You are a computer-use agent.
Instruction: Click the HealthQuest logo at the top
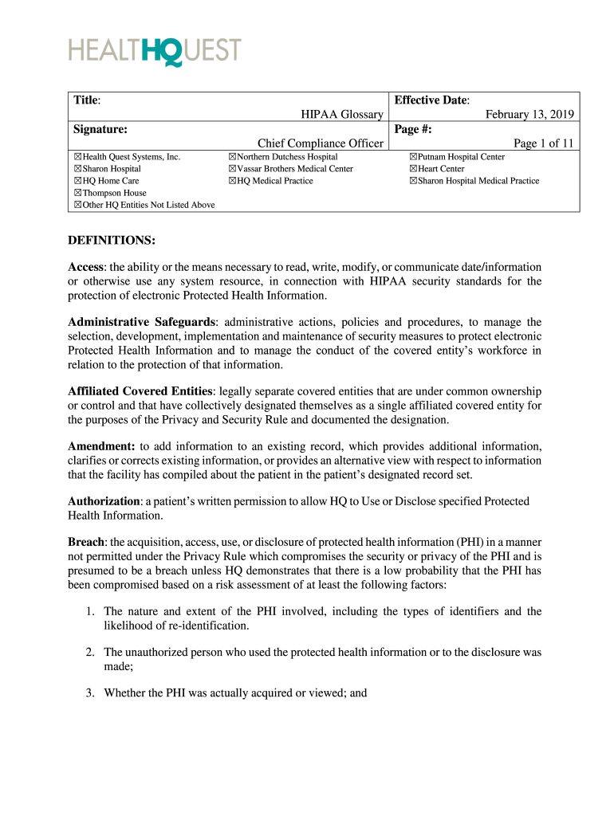tap(154, 52)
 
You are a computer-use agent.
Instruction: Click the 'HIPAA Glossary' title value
tap(341, 115)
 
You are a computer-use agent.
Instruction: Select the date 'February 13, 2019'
tap(529, 115)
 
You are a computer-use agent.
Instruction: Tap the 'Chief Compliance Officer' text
tap(321, 143)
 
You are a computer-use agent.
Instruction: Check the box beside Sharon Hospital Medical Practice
tap(413, 181)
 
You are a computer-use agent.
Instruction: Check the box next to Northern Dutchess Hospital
tap(232, 157)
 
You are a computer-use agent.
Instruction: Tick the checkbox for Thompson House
tap(77, 193)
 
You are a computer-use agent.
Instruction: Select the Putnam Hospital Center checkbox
tap(413, 157)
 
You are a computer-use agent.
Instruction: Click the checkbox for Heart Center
tap(413, 169)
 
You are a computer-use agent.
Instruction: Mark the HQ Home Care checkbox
tap(77, 181)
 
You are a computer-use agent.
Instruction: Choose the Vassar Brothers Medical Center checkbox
tap(232, 169)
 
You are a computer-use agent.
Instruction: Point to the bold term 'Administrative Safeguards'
tap(141, 322)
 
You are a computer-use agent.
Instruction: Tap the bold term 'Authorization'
tap(104, 501)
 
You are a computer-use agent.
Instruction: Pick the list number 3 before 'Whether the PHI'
tap(91, 693)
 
